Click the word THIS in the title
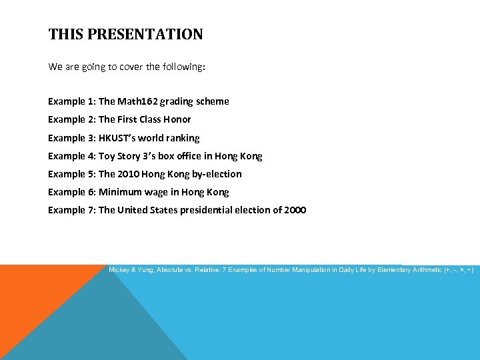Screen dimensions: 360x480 (63, 35)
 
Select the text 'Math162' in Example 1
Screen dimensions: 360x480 (137, 101)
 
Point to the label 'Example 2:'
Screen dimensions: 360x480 (71, 119)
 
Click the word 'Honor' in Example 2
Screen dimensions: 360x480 (177, 119)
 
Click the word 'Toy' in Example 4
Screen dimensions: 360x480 (107, 156)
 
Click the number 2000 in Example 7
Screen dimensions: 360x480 (295, 210)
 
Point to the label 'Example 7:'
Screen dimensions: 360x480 (71, 210)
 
